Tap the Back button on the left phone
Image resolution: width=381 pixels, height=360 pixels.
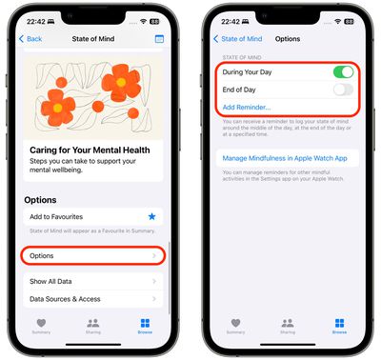pos(32,39)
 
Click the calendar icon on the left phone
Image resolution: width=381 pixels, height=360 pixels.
pos(159,39)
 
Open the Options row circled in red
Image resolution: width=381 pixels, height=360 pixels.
pos(91,255)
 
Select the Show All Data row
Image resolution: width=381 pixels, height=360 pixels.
pos(91,282)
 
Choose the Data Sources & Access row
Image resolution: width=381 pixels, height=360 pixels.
pos(91,299)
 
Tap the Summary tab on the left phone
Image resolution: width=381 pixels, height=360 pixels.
pos(41,327)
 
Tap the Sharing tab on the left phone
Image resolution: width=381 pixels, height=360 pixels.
pos(92,327)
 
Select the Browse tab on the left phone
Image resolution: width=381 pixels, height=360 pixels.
pos(145,327)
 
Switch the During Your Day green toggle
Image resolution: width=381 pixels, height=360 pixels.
pos(343,72)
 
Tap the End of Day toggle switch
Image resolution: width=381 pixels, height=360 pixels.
pos(343,90)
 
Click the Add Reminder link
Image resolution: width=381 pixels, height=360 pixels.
pos(246,108)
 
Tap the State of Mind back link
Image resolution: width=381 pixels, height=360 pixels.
pos(239,39)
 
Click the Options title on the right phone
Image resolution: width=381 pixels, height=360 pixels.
pos(287,39)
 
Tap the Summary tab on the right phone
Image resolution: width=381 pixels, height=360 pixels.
pos(235,327)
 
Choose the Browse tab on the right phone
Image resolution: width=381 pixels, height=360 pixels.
pos(339,327)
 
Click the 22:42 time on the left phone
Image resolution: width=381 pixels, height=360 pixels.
pos(36,20)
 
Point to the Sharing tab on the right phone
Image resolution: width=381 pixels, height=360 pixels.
pos(288,327)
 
